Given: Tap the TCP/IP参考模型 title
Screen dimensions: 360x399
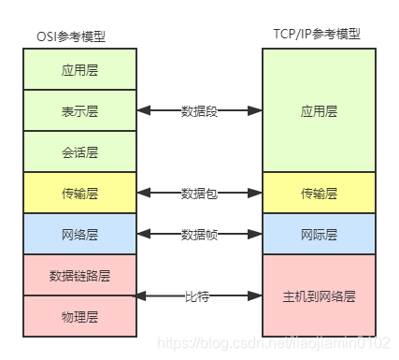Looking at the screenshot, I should click(x=318, y=34).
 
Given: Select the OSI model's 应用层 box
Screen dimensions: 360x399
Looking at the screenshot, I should click(x=80, y=69).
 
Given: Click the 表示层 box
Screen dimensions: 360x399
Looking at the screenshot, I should click(x=80, y=110).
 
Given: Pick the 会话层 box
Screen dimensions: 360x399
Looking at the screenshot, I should click(x=80, y=151).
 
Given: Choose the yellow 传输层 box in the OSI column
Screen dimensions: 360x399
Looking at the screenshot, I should click(x=80, y=193).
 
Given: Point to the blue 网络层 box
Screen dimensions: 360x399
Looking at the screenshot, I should click(x=80, y=234).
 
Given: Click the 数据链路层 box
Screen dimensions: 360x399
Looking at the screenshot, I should click(x=80, y=275).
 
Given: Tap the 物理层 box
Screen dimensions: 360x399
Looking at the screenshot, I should click(x=80, y=316).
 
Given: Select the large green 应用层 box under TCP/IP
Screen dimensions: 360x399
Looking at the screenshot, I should click(x=319, y=110).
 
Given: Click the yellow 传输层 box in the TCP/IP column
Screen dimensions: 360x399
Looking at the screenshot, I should click(x=319, y=193).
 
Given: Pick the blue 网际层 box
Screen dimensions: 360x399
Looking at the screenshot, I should click(x=319, y=234).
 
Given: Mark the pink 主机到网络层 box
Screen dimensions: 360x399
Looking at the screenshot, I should click(x=319, y=295).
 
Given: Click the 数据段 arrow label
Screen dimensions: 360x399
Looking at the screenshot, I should click(x=199, y=110).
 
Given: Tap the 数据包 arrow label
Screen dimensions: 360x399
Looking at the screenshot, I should click(x=199, y=193).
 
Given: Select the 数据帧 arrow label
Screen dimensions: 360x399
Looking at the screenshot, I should click(x=199, y=234).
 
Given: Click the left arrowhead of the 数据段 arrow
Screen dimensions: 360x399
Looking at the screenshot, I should click(x=143, y=110).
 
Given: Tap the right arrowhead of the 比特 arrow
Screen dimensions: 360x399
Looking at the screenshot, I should click(x=256, y=295).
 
